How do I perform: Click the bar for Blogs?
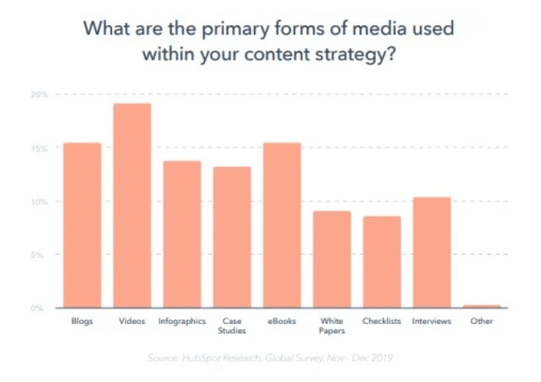(x=82, y=225)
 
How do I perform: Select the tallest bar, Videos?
(x=131, y=206)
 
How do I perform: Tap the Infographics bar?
(x=181, y=234)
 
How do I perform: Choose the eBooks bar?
(x=281, y=225)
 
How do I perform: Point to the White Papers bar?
(x=331, y=259)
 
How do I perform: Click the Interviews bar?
(x=431, y=252)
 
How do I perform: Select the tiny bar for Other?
(x=481, y=306)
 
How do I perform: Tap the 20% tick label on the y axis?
(x=40, y=95)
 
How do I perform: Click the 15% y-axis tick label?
(x=40, y=148)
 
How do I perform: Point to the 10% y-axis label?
(x=40, y=201)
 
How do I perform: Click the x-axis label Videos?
(x=132, y=322)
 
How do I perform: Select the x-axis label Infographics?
(x=181, y=322)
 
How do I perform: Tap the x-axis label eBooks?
(x=281, y=322)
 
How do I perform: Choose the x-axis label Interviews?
(x=431, y=322)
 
